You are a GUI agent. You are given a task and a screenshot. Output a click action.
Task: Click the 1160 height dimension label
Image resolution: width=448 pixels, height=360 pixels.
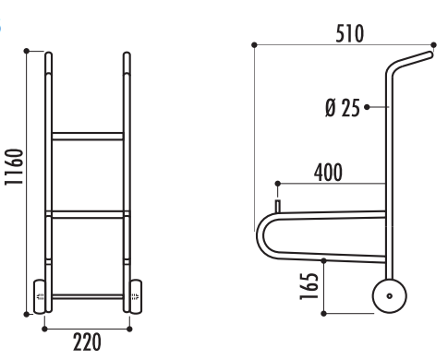coord(14,167)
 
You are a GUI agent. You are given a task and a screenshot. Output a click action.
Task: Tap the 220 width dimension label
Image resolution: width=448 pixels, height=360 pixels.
coord(87,342)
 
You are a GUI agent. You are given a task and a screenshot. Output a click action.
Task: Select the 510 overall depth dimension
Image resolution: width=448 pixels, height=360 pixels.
coord(349,33)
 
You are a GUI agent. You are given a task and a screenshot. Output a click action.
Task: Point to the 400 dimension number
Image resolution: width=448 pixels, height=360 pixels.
coord(328,173)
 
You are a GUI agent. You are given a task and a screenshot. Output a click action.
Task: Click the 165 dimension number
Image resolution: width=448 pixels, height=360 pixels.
coord(309,286)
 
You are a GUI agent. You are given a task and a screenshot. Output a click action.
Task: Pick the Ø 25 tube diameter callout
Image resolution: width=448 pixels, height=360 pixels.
coord(343,108)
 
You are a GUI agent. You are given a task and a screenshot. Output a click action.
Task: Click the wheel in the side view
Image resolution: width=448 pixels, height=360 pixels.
coord(390,296)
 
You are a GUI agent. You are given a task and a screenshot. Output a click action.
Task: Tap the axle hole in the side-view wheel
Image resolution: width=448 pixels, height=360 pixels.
coord(390,296)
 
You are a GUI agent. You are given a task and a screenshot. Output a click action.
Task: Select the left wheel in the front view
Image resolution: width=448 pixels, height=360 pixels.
coord(39,296)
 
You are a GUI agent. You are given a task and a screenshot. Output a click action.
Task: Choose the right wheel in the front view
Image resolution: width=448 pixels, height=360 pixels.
coord(136,296)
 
